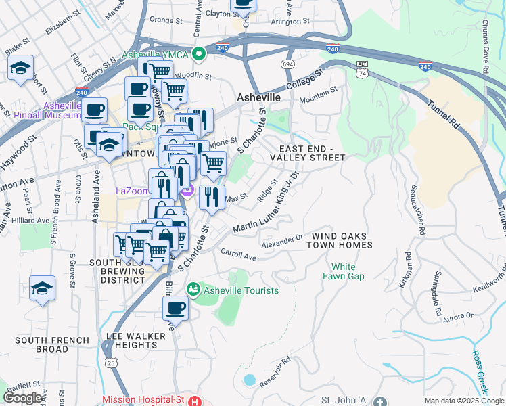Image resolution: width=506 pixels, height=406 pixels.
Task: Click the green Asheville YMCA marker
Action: click(x=199, y=53)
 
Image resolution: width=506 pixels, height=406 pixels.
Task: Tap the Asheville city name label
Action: click(x=258, y=97)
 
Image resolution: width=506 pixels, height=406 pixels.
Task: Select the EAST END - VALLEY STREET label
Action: click(x=307, y=153)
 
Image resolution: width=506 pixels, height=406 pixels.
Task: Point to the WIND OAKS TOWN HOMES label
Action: click(x=342, y=240)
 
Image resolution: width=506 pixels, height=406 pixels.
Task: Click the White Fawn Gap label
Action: click(x=348, y=271)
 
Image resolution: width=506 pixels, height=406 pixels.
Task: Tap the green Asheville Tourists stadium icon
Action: click(x=194, y=290)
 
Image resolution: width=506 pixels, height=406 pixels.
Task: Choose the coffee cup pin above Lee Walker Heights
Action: click(x=175, y=309)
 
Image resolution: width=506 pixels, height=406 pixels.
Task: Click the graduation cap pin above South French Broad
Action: click(x=42, y=288)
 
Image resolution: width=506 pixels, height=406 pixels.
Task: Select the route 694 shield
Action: click(x=288, y=64)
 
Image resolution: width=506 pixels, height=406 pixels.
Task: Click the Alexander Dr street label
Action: click(x=282, y=238)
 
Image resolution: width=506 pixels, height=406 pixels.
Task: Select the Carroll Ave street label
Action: click(x=239, y=254)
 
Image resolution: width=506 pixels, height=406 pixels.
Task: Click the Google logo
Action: click(x=24, y=398)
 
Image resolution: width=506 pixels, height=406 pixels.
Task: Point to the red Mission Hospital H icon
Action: click(x=195, y=400)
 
